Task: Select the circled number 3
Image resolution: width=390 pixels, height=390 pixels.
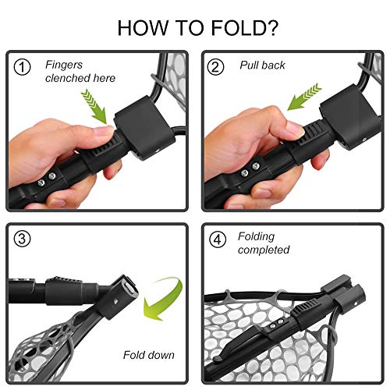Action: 23,240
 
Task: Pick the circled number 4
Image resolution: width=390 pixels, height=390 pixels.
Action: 218,240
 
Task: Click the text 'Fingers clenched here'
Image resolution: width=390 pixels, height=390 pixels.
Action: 80,72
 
